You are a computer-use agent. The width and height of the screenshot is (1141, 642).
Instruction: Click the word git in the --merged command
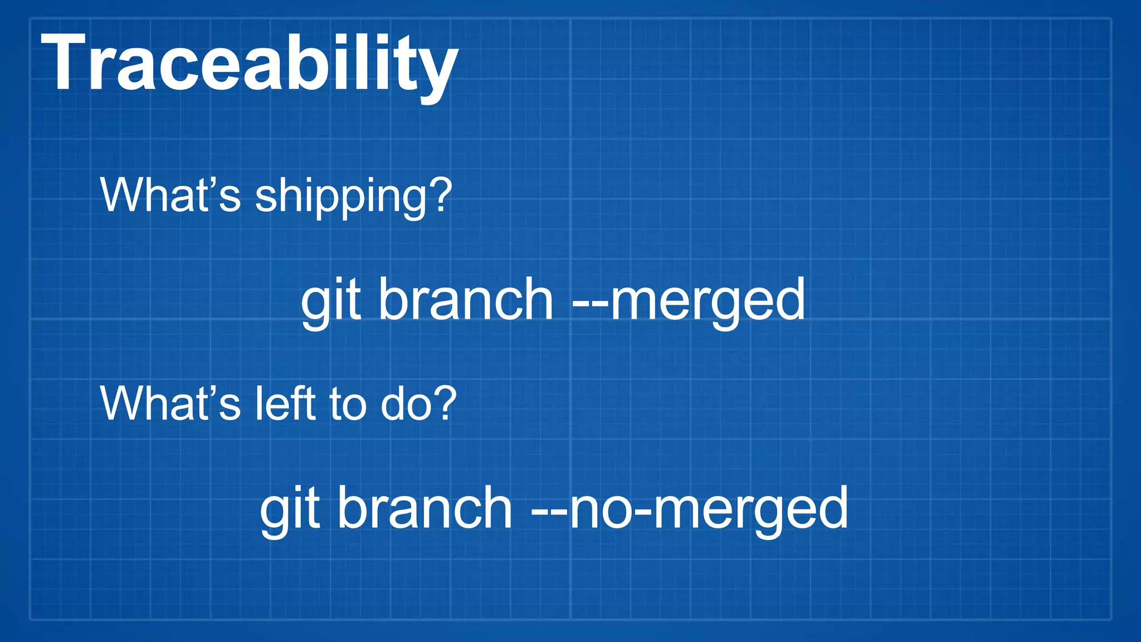(332, 301)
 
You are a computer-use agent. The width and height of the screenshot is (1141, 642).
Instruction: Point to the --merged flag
(689, 301)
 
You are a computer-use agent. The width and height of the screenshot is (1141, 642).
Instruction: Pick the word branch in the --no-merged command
(425, 508)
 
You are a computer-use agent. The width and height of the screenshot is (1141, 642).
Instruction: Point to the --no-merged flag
(689, 508)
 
